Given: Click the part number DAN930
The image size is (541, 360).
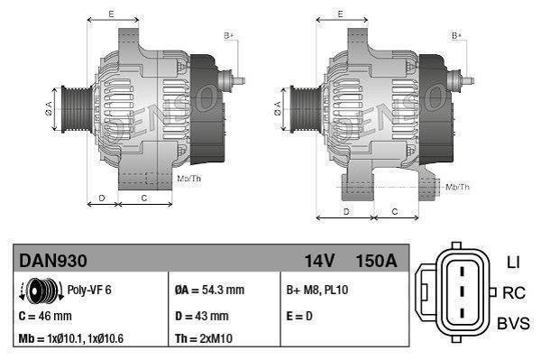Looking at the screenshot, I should [52, 261].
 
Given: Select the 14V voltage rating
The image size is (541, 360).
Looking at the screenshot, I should [319, 261].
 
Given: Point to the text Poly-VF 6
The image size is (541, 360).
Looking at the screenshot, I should [88, 291].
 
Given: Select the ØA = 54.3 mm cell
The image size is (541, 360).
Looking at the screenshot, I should [209, 291].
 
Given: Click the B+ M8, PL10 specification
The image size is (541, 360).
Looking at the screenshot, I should [317, 291].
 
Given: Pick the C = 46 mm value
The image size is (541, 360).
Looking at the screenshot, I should [45, 316].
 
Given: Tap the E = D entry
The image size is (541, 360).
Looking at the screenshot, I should [301, 316].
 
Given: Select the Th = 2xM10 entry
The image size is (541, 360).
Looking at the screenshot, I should [204, 338].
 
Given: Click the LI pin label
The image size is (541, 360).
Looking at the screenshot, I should [513, 263].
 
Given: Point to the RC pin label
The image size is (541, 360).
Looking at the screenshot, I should [514, 292].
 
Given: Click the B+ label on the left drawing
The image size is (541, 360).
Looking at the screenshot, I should [229, 35].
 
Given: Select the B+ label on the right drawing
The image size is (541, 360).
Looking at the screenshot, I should [456, 35].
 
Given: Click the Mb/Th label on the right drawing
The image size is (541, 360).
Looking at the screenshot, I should [458, 187].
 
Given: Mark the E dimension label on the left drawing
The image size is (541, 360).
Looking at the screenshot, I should [111, 14].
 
